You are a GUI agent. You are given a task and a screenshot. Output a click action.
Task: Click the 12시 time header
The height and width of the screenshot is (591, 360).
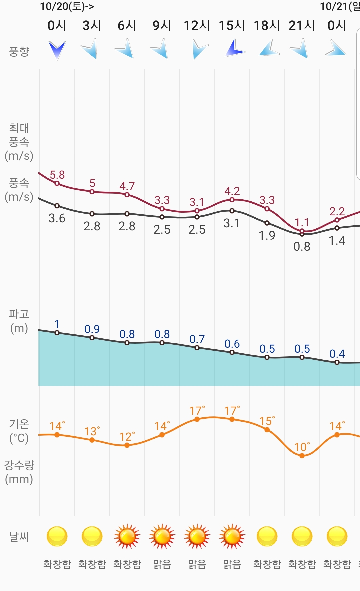(x=197, y=25)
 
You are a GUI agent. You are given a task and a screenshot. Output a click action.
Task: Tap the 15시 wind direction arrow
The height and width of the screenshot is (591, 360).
(x=234, y=49)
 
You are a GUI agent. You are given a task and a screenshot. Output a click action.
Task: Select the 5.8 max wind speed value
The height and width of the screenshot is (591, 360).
(x=57, y=175)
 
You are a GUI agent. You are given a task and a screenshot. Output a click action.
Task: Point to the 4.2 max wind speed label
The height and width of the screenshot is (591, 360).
(x=232, y=191)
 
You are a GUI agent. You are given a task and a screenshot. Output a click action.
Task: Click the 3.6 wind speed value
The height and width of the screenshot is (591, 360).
(x=57, y=218)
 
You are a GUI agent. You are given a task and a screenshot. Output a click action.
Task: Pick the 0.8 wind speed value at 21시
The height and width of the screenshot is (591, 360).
(x=302, y=247)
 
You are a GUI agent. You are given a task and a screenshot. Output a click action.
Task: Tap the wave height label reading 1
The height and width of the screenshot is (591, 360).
(x=57, y=324)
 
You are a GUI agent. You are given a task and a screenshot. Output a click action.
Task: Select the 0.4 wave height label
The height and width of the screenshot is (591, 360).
(x=337, y=354)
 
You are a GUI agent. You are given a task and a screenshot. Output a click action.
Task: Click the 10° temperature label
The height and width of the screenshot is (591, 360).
(x=302, y=447)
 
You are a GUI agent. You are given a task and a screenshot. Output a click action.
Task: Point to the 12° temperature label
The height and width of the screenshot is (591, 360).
(x=127, y=437)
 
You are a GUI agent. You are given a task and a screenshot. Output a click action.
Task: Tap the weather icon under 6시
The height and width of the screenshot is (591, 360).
(x=127, y=537)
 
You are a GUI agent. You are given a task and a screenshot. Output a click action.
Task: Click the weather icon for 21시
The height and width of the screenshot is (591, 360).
(x=302, y=537)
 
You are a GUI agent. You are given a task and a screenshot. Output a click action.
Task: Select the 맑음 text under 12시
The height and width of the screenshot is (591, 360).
(x=197, y=564)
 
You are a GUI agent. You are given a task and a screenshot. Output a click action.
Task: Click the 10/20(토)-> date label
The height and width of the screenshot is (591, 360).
(x=67, y=6)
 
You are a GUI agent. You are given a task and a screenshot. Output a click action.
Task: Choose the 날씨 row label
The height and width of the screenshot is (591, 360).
(x=19, y=537)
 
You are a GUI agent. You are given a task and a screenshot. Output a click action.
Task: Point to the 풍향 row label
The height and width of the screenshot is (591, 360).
(x=19, y=51)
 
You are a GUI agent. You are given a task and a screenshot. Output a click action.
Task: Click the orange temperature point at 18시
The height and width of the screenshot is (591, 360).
(x=267, y=430)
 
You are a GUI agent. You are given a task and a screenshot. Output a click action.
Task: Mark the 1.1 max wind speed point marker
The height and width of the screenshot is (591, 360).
(x=302, y=231)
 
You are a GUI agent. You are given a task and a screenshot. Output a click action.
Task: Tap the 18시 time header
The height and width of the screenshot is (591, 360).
(x=267, y=25)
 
